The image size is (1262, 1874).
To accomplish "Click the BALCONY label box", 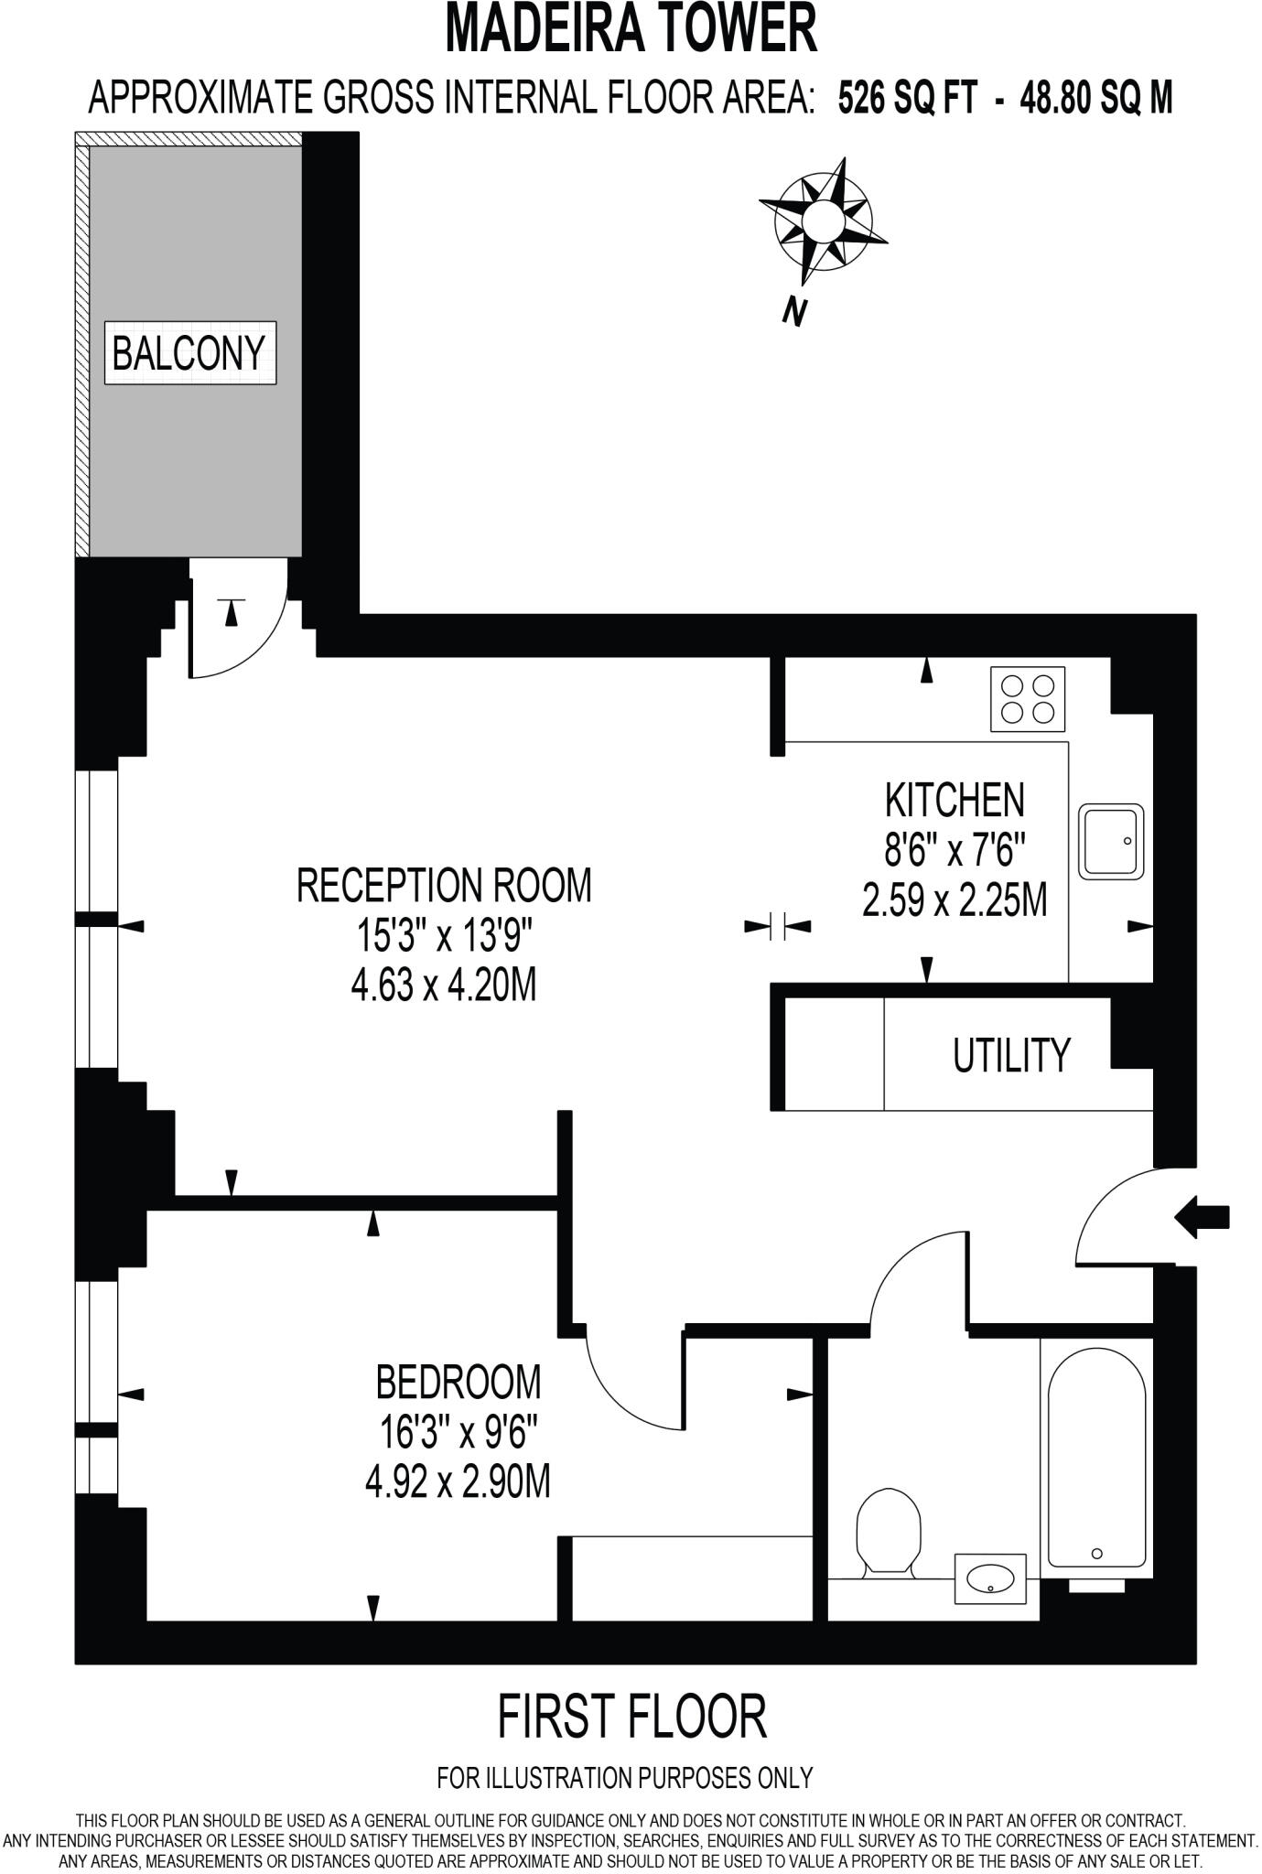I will (x=189, y=352).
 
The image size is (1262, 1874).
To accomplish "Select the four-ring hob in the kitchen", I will (x=1028, y=699).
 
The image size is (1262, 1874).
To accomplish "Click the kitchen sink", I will (x=1111, y=841).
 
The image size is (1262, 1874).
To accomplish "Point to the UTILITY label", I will (x=1011, y=1055).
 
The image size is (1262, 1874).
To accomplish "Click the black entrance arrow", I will (x=1202, y=1216).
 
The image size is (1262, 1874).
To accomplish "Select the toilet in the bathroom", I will (x=888, y=1531).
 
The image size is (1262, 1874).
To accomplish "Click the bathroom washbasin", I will (x=990, y=1578).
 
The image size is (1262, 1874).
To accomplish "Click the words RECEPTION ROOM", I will (x=444, y=885).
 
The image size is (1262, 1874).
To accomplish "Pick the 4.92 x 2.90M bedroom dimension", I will (x=458, y=1483).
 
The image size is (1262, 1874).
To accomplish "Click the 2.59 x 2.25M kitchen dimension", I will (x=954, y=901).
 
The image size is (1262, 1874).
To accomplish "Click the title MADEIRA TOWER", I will (x=631, y=29).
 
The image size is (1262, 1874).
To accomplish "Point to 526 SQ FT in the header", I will (x=907, y=97).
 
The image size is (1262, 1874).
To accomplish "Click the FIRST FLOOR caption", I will (x=631, y=1717).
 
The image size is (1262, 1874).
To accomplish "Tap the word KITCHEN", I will (x=954, y=800).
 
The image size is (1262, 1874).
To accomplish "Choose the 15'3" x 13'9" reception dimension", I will (x=444, y=936).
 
